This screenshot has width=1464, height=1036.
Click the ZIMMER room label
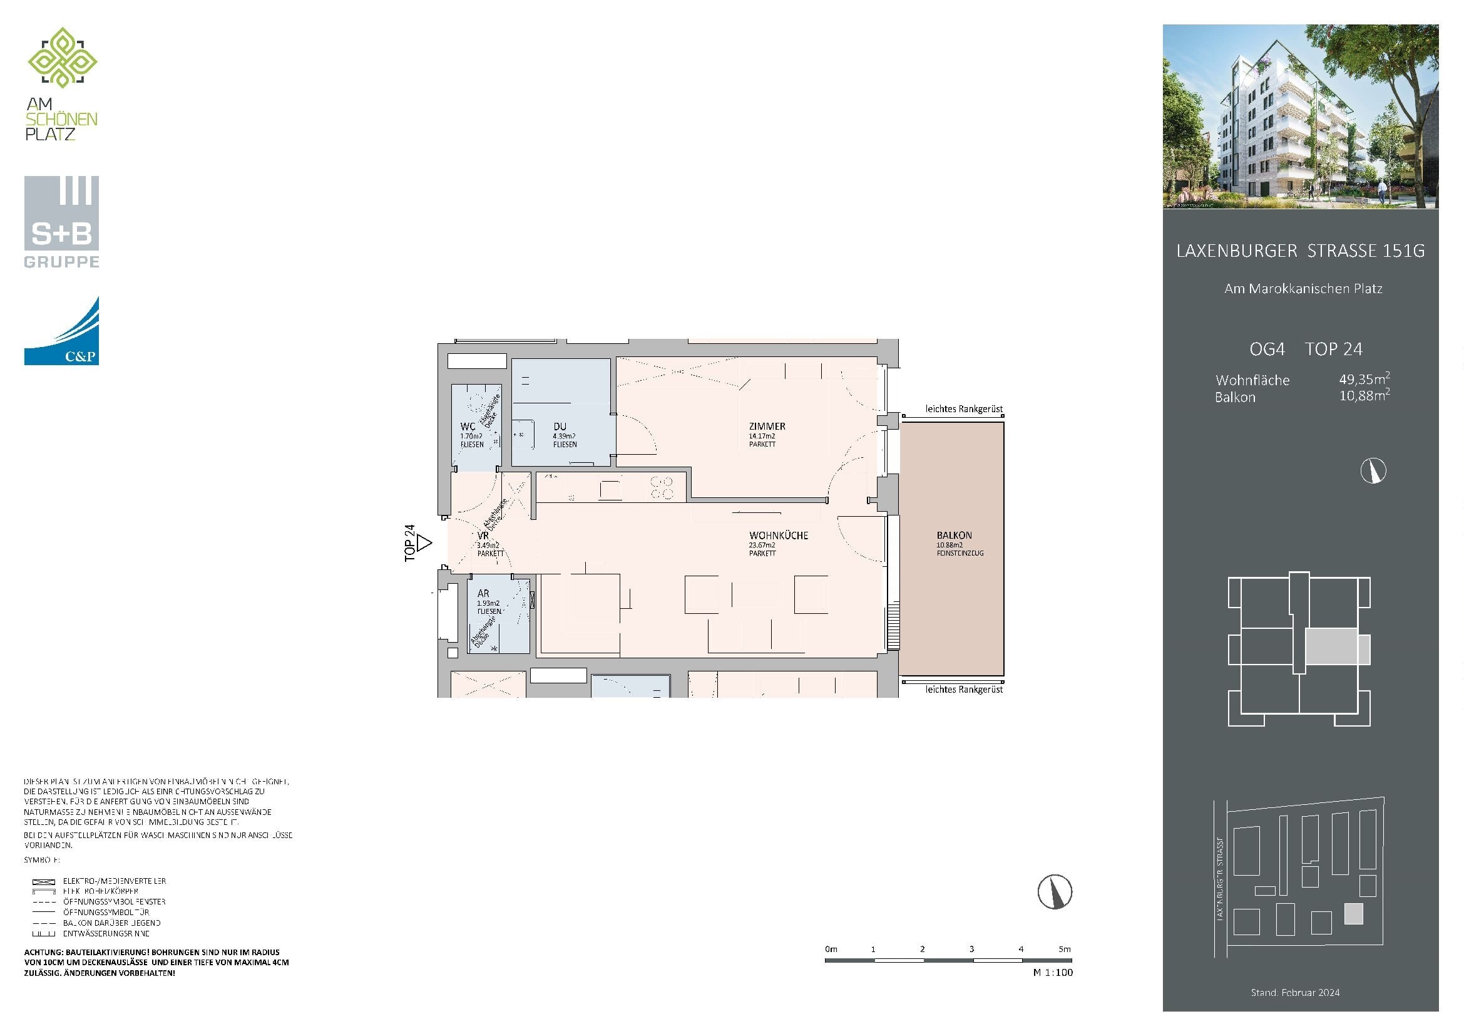point(767,426)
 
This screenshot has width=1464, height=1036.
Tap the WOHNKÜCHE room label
point(778,535)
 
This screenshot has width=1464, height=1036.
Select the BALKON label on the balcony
point(954,535)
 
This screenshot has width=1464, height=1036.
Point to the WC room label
point(468,426)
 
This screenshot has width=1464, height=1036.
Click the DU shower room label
point(559,426)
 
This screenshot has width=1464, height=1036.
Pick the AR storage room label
point(483,593)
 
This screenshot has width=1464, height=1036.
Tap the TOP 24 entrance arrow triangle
point(424,544)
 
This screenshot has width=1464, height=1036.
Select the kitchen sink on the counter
point(610,490)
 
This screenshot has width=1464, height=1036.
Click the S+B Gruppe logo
point(61,222)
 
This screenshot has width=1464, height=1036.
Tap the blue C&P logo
point(61,332)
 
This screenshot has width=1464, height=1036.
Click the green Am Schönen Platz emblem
point(62,58)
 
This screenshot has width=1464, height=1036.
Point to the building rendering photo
point(1300,116)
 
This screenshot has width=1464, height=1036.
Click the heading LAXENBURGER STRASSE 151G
point(1300,251)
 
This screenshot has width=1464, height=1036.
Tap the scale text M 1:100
point(1053,972)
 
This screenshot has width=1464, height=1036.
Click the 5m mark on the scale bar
point(1064,949)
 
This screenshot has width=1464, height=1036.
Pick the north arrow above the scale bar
point(1055,891)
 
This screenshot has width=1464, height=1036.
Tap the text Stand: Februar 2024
point(1294,993)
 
